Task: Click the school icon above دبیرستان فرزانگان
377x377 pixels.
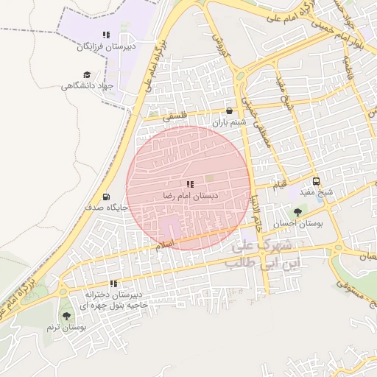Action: [106, 35]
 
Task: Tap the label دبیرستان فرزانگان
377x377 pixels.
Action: [107, 46]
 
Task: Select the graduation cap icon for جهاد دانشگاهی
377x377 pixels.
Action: [87, 74]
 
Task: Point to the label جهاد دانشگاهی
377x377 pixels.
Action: [88, 86]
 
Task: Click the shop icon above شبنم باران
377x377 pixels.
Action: [230, 111]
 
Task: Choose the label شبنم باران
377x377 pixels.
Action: [230, 123]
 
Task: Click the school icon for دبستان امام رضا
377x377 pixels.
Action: [189, 184]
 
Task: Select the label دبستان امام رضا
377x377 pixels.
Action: [190, 196]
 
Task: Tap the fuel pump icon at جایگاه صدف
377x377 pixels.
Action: [108, 197]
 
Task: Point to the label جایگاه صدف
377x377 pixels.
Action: [107, 208]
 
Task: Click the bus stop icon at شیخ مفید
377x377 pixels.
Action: [317, 181]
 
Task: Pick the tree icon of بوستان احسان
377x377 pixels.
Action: [297, 212]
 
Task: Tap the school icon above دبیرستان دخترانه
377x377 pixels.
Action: [113, 283]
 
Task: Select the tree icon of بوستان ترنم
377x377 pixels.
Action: [67, 315]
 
